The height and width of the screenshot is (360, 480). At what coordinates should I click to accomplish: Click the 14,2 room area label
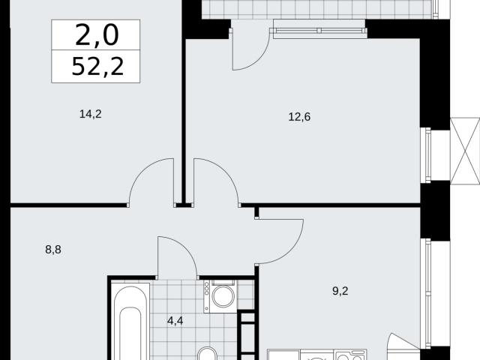(90, 114)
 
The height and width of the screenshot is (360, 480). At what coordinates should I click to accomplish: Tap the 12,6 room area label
(299, 117)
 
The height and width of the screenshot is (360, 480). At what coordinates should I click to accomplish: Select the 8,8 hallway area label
(53, 250)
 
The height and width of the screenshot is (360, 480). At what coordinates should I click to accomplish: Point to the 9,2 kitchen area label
(340, 291)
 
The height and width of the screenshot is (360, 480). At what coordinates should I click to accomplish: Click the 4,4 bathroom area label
(175, 321)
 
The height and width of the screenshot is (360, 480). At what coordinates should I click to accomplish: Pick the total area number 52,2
(97, 67)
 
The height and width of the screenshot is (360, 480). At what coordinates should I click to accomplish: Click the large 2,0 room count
(97, 35)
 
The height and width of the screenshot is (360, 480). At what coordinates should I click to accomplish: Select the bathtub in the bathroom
(130, 322)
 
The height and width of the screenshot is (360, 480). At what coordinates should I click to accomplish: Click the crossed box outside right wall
(465, 151)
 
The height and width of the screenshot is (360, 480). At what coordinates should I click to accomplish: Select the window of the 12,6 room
(426, 155)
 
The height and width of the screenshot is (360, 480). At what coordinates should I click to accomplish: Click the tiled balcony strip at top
(318, 10)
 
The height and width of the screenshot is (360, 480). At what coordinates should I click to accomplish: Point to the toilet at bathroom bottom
(207, 354)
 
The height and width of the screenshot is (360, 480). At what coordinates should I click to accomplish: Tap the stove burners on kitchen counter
(351, 355)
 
